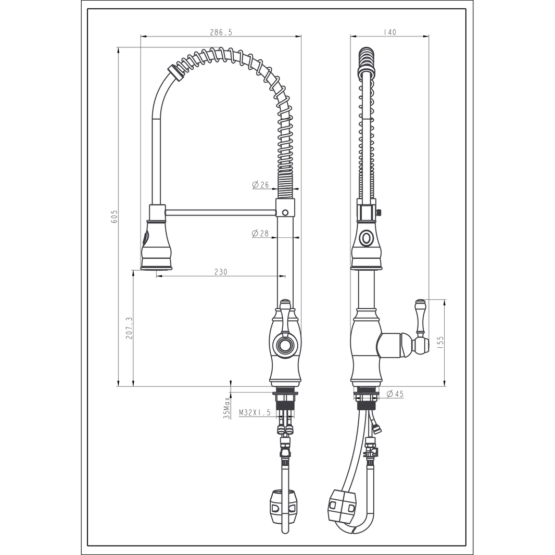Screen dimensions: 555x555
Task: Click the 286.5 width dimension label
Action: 221,32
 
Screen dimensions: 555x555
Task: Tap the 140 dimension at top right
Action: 389,32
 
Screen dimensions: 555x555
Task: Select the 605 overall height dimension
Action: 115,216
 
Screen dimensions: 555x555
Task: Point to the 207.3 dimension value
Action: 129,328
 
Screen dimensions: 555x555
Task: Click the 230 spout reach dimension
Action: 221,272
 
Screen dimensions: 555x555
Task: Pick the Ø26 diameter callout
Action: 260,184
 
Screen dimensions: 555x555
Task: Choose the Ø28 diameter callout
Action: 260,233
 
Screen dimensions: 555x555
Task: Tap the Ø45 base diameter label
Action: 395,394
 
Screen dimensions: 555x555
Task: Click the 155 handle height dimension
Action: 440,343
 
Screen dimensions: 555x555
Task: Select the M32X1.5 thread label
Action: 255,412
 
